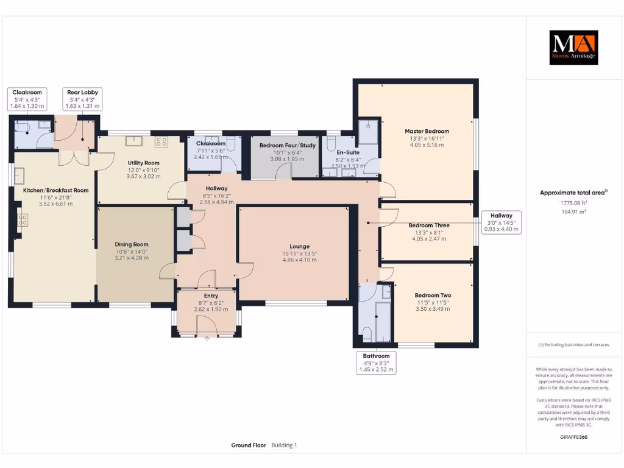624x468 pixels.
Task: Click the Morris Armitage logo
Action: coord(573,48)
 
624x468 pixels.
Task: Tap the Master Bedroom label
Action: coord(427,132)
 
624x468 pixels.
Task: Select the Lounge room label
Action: coord(300,246)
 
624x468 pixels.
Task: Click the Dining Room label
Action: coord(132,244)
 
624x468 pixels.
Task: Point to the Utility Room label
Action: coord(144,163)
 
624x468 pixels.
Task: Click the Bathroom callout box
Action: coord(376,363)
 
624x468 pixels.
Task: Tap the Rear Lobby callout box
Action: coord(82,99)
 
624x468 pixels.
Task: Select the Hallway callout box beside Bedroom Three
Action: coord(502,222)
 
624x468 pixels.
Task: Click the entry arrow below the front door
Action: coord(207,339)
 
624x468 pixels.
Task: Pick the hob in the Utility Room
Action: coord(161,141)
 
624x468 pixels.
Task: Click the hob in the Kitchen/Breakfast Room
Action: coord(23,219)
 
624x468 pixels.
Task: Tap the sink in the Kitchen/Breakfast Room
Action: coord(19,175)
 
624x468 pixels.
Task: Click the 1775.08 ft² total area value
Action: coord(573,202)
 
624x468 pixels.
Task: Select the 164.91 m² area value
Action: coord(573,211)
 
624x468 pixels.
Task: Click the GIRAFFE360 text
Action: coord(573,437)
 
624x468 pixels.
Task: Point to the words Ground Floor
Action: coord(249,445)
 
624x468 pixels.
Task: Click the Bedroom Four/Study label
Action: coord(288,145)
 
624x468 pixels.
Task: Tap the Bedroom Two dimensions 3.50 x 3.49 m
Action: coord(433,309)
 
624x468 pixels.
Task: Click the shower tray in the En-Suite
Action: coord(368,132)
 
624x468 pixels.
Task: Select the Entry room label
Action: coord(211,296)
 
